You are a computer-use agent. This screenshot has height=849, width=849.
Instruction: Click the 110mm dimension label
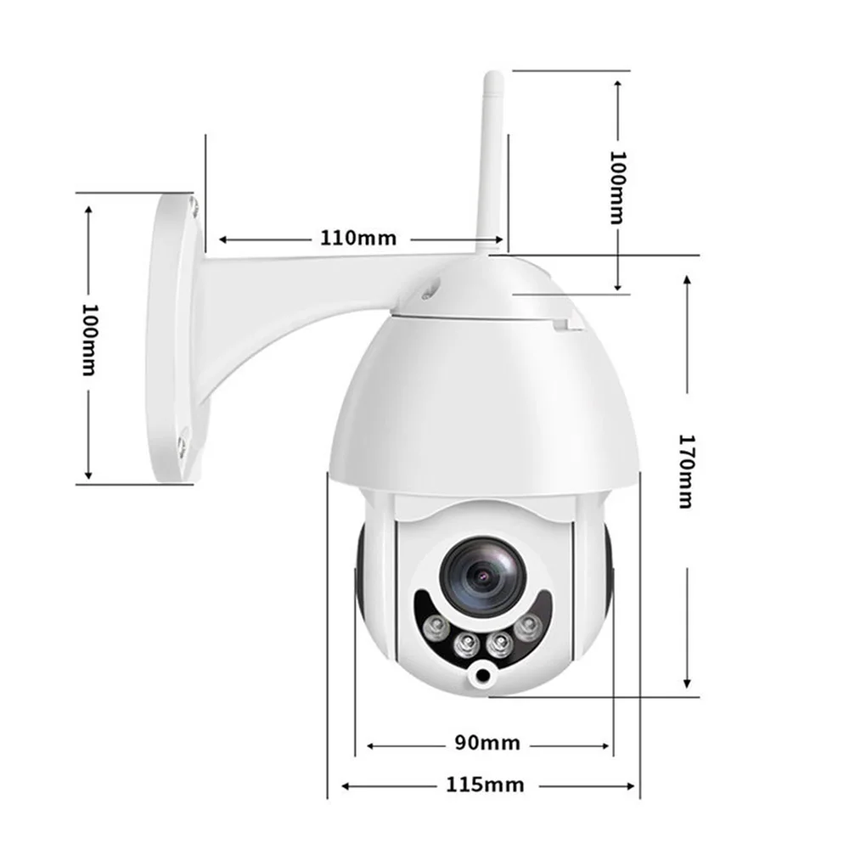(x=358, y=239)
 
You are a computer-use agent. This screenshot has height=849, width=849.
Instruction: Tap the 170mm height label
(x=686, y=471)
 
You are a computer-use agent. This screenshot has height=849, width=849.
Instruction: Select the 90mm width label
(x=487, y=743)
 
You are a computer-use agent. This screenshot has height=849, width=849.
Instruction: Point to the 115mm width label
(x=485, y=784)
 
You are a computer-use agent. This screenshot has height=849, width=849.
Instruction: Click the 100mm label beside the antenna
(x=617, y=188)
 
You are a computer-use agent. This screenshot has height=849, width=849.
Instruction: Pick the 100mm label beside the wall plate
(x=89, y=340)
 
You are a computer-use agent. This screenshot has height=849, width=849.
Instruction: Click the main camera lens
(x=483, y=576)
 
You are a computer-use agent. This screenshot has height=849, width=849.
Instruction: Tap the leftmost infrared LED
(x=436, y=628)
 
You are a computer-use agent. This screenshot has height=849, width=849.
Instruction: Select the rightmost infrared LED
(x=528, y=628)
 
